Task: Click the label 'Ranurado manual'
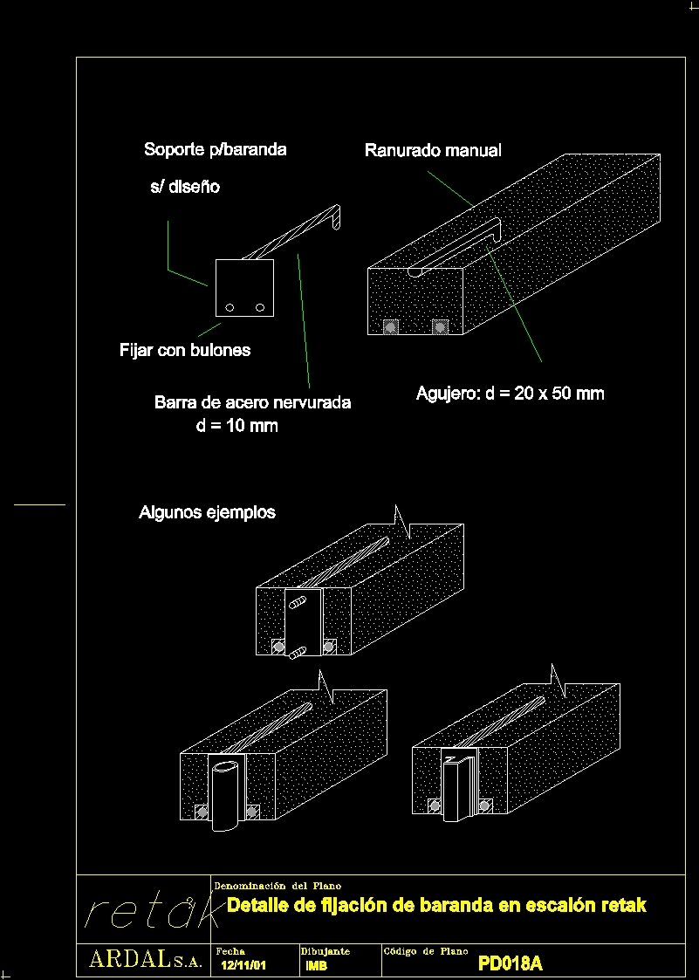433,151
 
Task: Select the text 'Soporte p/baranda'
215,150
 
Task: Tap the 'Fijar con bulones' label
185,351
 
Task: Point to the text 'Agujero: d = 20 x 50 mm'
510,394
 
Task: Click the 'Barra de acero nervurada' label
252,402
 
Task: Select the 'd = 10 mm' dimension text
236,426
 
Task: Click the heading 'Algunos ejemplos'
207,512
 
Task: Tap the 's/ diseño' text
185,187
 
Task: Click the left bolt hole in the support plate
230,307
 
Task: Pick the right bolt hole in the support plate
260,307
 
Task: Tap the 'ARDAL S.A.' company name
145,961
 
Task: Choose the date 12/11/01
243,965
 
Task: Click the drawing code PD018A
511,963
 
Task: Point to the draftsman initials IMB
317,965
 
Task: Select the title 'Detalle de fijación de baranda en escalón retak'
436,906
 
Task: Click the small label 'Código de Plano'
426,951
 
